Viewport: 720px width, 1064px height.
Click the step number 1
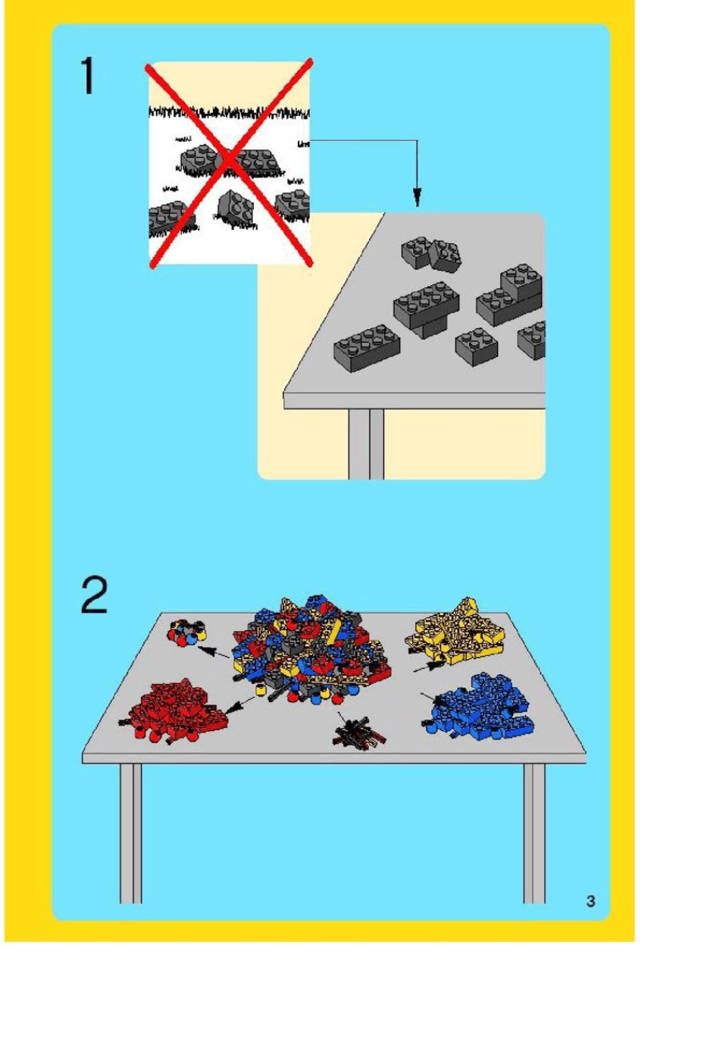pyautogui.click(x=88, y=75)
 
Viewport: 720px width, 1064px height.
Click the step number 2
pyautogui.click(x=94, y=595)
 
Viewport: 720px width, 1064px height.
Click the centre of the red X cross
pyautogui.click(x=230, y=162)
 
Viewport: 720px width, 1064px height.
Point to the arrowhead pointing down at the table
pyautogui.click(x=417, y=197)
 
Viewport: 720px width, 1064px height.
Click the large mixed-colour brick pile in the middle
pyautogui.click(x=311, y=648)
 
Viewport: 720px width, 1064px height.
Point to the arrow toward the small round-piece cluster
pyautogui.click(x=213, y=652)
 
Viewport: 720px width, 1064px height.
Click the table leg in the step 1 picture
pyautogui.click(x=366, y=444)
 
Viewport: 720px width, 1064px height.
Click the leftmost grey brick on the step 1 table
pyautogui.click(x=366, y=348)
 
